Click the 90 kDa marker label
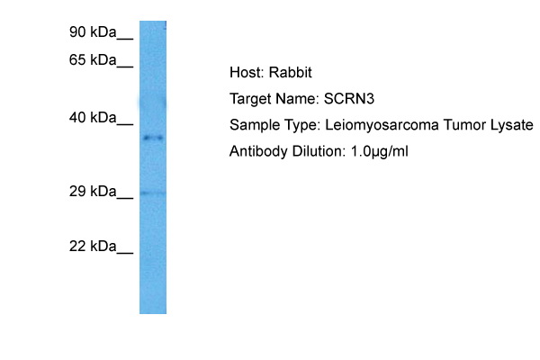coord(94,33)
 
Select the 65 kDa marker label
coord(94,60)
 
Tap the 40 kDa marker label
coord(94,118)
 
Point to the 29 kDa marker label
coord(94,192)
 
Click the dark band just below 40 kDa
coord(152,138)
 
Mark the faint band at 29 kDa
coord(152,193)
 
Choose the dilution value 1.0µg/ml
coord(378,151)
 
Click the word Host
coord(247,73)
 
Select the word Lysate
coord(510,125)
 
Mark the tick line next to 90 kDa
coord(125,39)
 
